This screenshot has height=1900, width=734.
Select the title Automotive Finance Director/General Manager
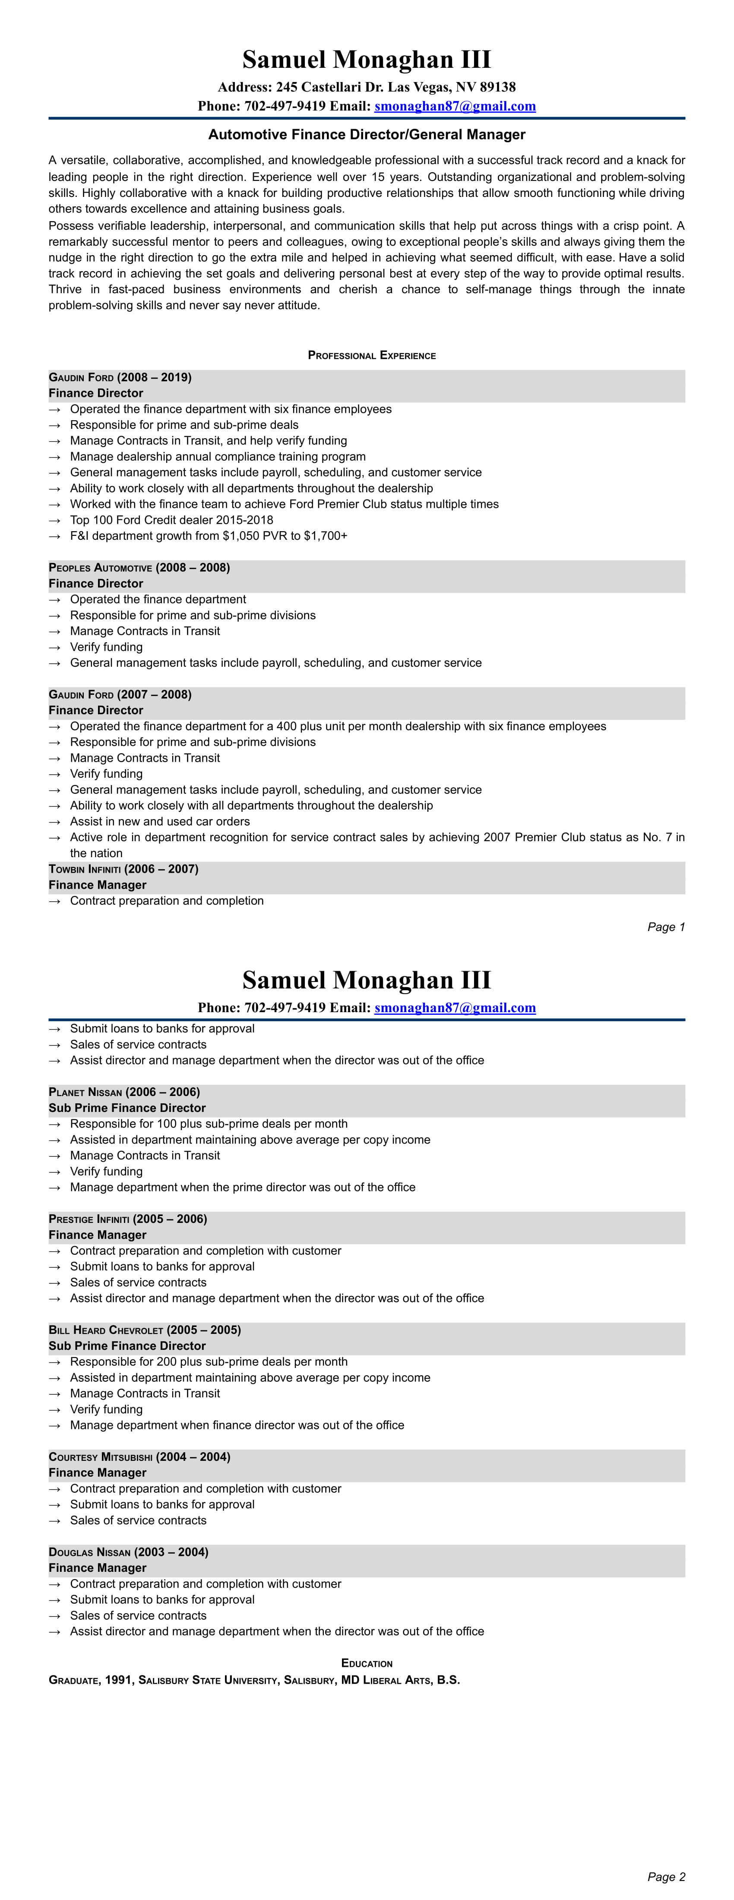367,134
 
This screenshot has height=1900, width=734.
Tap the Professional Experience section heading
372,355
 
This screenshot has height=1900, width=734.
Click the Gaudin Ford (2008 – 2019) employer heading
120,378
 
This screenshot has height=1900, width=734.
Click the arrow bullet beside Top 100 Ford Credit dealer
54,520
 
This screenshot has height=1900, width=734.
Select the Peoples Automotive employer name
100,568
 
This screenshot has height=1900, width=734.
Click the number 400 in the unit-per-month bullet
277,726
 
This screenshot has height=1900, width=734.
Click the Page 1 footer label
665,927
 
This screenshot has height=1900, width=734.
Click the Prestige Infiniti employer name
89,1219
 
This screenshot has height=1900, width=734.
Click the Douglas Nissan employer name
89,1552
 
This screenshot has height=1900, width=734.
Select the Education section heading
367,1663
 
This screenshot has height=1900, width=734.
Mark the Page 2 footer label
665,1876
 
